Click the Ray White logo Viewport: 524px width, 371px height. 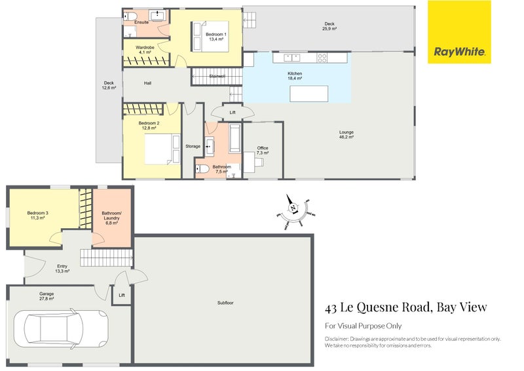coord(459,32)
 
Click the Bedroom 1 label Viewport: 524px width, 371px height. coord(216,36)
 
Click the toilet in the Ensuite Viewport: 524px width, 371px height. coord(130,16)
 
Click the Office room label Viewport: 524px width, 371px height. coord(263,150)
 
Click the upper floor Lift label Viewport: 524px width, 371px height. coord(232,112)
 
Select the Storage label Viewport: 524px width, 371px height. coord(193,146)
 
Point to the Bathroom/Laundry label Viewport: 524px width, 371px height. coord(111,216)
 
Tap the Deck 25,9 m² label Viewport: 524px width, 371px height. coord(329,26)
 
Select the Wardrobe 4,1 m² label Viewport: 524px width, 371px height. coord(145,50)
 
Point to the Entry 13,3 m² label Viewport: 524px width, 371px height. coord(62,267)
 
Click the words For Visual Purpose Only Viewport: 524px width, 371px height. coord(363,326)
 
